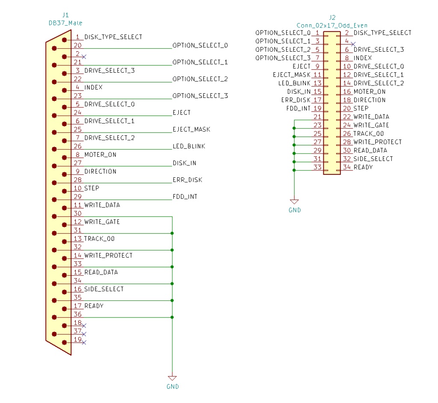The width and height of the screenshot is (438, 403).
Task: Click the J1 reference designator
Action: click(x=65, y=16)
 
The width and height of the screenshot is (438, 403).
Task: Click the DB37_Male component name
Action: click(x=65, y=23)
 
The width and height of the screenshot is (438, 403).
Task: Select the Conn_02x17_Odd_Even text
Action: click(x=332, y=25)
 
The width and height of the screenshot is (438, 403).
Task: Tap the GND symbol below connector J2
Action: click(x=294, y=202)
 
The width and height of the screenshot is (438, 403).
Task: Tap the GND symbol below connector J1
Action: click(x=172, y=378)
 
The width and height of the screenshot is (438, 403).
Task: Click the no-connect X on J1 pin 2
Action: click(x=84, y=56)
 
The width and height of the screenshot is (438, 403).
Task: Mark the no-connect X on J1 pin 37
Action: click(x=84, y=334)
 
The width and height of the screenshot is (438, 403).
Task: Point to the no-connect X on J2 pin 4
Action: click(x=352, y=44)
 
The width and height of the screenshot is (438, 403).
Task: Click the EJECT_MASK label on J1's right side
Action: click(x=191, y=129)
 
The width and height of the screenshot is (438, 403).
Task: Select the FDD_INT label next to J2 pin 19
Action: click(x=298, y=108)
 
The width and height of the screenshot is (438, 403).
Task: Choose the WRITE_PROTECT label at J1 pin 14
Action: click(x=108, y=256)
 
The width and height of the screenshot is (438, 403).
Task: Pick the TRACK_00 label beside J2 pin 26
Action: click(x=368, y=133)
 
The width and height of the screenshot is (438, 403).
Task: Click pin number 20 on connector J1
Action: click(x=77, y=45)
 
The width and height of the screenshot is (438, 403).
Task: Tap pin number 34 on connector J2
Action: click(x=346, y=167)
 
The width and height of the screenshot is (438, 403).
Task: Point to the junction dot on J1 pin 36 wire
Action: click(x=172, y=317)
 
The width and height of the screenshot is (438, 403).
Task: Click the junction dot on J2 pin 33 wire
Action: click(x=294, y=170)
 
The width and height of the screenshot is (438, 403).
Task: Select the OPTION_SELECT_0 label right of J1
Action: click(x=200, y=45)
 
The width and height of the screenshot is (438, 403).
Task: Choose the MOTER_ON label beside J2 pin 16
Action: click(x=369, y=91)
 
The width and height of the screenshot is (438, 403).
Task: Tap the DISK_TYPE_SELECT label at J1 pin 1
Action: click(x=113, y=37)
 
